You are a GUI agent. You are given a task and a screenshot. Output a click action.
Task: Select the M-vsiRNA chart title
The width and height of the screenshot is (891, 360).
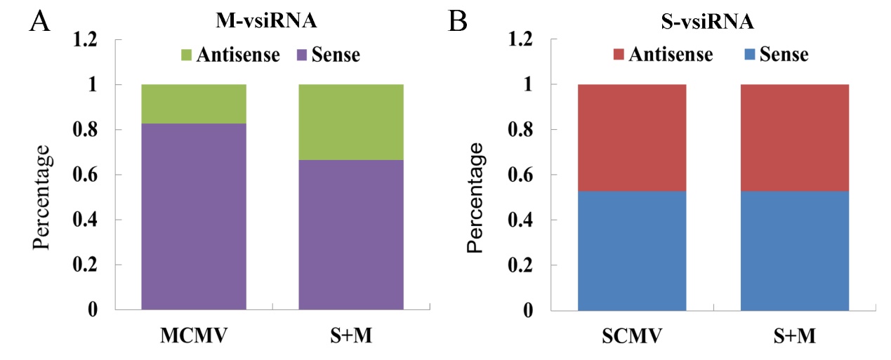pyautogui.click(x=265, y=22)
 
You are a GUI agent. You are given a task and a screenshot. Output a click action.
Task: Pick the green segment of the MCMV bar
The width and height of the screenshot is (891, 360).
pyautogui.click(x=194, y=104)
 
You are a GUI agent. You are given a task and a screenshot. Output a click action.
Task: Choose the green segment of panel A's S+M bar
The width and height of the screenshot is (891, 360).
pyautogui.click(x=351, y=122)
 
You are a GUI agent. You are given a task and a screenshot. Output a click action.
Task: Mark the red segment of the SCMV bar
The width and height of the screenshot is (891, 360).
pyautogui.click(x=632, y=138)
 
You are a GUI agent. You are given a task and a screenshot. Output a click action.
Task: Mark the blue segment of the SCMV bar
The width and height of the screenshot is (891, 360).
pyautogui.click(x=632, y=250)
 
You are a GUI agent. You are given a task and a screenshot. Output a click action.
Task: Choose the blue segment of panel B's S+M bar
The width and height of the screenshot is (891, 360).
pyautogui.click(x=795, y=250)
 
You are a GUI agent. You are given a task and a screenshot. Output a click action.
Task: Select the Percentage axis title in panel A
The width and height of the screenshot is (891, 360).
pyautogui.click(x=42, y=197)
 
